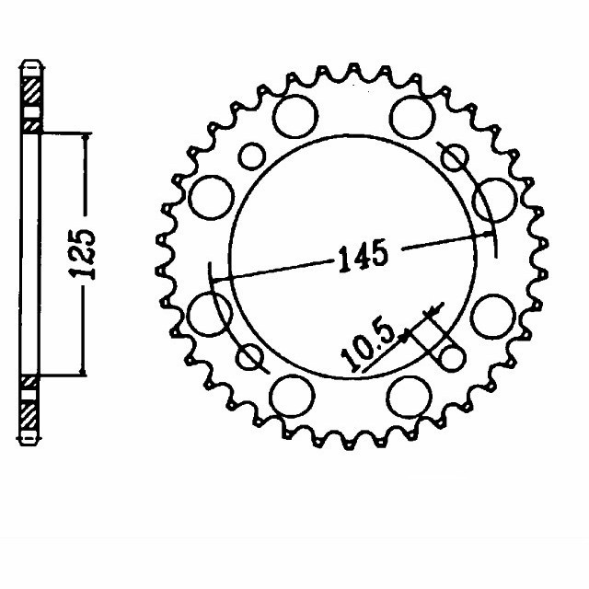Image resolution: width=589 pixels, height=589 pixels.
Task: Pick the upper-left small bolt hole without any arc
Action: [x=249, y=155]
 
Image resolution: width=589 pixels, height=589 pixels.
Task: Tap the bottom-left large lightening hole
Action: [x=293, y=397]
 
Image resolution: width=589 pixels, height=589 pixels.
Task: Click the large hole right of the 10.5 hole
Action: [x=494, y=314]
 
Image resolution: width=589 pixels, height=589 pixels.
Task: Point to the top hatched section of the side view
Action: [x=31, y=92]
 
